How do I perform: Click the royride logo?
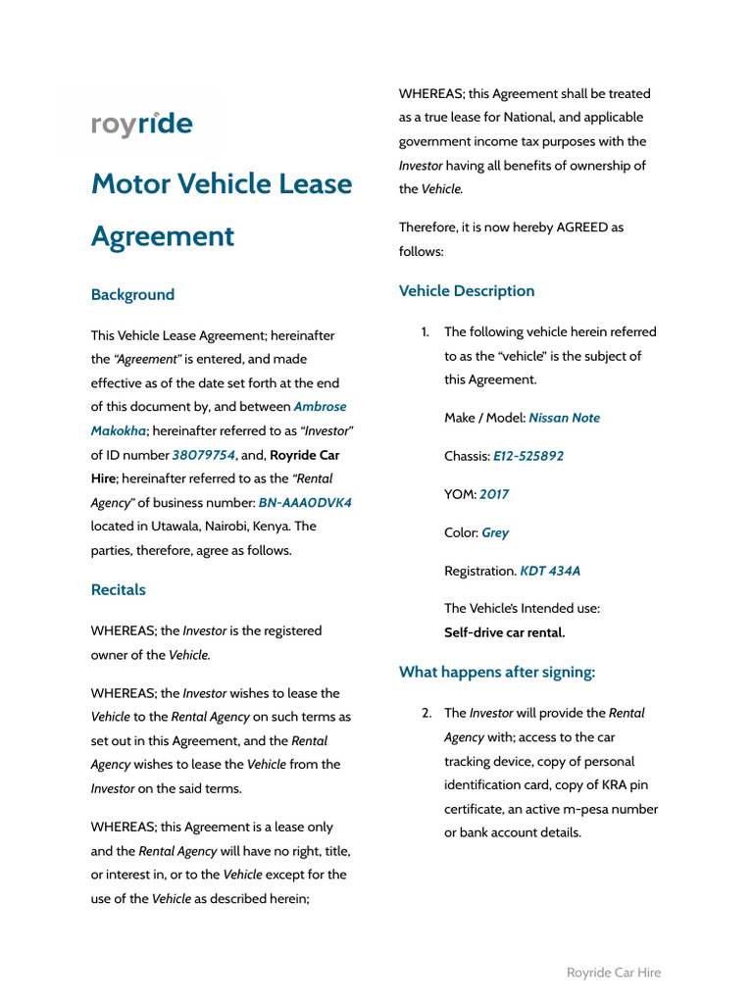coord(142,125)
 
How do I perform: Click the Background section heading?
coord(132,294)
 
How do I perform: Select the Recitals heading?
coord(118,589)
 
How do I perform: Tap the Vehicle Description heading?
coord(467,290)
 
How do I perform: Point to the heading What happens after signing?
coord(497,672)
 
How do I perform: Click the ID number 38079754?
coord(204,455)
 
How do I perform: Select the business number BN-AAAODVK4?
coord(305,502)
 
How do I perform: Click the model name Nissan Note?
coord(564,418)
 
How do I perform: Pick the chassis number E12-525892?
coord(528,456)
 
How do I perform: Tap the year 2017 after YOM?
coord(494,494)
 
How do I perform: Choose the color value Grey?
coord(495,532)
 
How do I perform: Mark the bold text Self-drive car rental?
coord(505,632)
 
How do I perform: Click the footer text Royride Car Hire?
coord(614,973)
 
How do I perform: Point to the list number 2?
coord(427,713)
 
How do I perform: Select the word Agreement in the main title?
coord(163,236)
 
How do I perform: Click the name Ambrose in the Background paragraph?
coord(320,406)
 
